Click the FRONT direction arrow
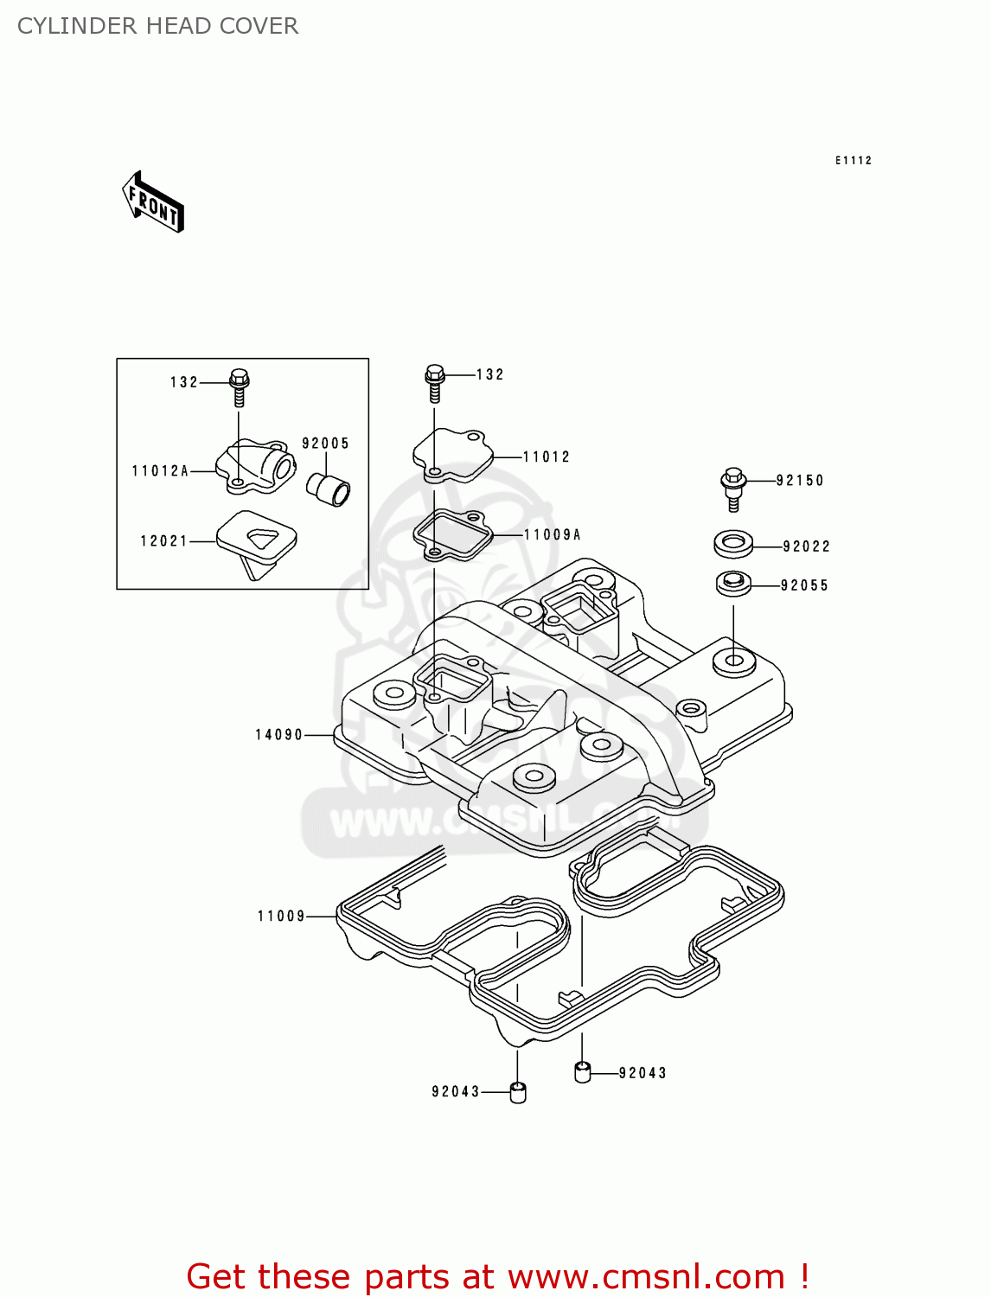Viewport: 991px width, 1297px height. (153, 201)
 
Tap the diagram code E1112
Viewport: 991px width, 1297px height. (853, 161)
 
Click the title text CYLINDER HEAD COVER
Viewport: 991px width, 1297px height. (157, 26)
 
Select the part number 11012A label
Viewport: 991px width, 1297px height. (160, 471)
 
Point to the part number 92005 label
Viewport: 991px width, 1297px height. (325, 444)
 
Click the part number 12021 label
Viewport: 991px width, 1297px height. (163, 541)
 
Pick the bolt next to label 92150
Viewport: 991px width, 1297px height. (733, 489)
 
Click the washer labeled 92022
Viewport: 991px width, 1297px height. (733, 545)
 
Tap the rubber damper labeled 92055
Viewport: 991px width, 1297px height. (733, 584)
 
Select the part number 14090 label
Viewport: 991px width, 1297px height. (278, 735)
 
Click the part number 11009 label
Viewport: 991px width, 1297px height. (281, 916)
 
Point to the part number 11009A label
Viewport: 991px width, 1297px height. (553, 535)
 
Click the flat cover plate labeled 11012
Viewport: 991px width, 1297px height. (451, 454)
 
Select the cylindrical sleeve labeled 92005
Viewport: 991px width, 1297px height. (329, 489)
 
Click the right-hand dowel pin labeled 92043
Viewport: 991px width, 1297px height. (582, 1072)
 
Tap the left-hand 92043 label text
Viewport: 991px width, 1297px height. (456, 1092)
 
